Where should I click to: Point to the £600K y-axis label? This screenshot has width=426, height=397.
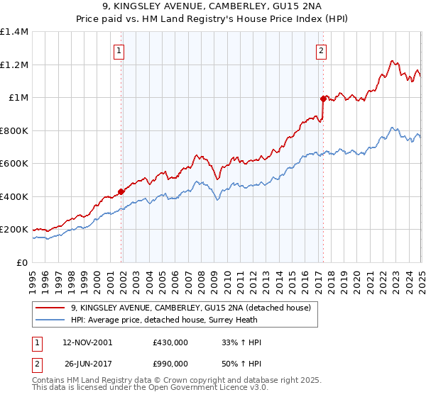coord(15,164)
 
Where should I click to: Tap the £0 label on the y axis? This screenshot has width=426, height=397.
coord(23,262)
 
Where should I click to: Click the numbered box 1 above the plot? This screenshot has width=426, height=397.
coord(118,50)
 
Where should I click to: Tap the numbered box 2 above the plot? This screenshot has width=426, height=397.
coord(322,50)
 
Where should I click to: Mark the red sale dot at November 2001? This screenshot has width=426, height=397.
coord(121,191)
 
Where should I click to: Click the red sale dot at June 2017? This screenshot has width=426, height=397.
coord(323,99)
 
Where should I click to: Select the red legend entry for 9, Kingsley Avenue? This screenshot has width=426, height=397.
coord(190,308)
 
